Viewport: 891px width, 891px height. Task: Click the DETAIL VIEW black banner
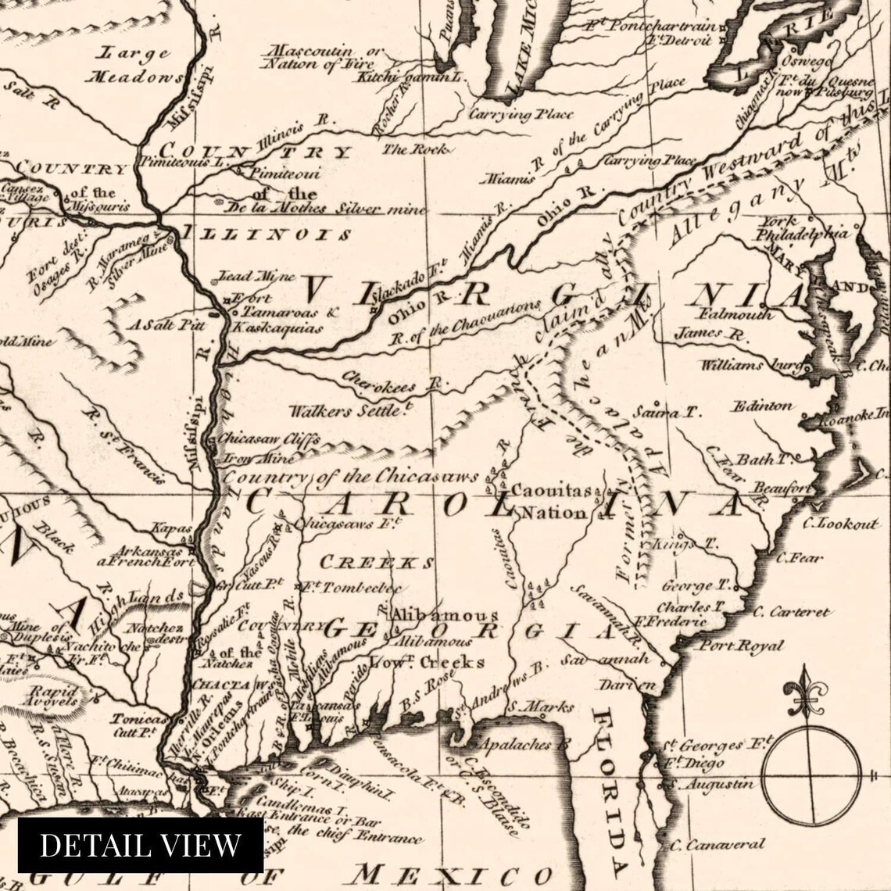[x=141, y=845]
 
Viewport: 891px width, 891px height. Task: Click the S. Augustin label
[x=707, y=783]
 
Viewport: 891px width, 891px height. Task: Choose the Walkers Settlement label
[x=350, y=410]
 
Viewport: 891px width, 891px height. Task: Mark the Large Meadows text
[x=135, y=65]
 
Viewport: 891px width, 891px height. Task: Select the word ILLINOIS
[x=266, y=234]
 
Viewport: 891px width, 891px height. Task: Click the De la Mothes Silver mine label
[x=325, y=209]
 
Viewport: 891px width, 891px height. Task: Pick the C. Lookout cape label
[x=839, y=524]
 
